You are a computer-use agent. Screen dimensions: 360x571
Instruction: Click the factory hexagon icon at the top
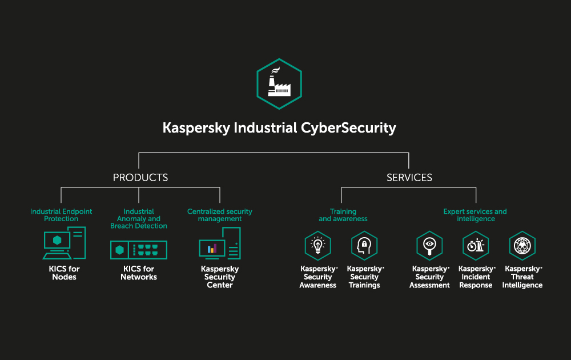tap(279, 83)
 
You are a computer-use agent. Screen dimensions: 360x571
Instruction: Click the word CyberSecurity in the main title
tap(348, 128)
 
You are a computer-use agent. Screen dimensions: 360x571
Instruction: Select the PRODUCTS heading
tap(140, 178)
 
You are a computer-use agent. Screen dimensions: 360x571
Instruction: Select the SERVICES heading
tap(409, 178)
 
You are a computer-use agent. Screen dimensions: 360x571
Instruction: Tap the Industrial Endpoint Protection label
tap(61, 215)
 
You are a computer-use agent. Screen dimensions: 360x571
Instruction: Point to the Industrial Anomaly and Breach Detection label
tap(139, 219)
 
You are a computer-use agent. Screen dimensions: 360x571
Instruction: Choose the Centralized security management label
tap(220, 215)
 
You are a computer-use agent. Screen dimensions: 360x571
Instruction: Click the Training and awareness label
tap(343, 215)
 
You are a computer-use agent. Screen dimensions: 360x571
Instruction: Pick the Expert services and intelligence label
tap(475, 215)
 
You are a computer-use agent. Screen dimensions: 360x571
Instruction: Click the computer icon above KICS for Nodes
tap(64, 243)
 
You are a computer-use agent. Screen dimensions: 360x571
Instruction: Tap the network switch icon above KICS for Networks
tap(139, 250)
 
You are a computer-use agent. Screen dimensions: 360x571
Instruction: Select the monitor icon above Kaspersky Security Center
tap(219, 245)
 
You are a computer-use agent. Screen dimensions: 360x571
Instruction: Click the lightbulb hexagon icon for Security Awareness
tap(318, 246)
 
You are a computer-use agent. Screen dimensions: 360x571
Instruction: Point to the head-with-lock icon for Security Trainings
tap(364, 246)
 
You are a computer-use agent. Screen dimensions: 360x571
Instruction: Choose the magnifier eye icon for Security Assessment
tap(429, 246)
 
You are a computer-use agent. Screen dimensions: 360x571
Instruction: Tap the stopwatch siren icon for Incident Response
tap(476, 246)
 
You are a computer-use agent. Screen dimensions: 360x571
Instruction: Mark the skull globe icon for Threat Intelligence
tap(522, 246)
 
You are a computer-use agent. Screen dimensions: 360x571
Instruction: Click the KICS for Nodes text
tap(64, 273)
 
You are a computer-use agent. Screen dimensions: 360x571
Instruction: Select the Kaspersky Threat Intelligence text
tap(522, 277)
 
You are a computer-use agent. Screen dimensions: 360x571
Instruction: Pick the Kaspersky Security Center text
tap(220, 277)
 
